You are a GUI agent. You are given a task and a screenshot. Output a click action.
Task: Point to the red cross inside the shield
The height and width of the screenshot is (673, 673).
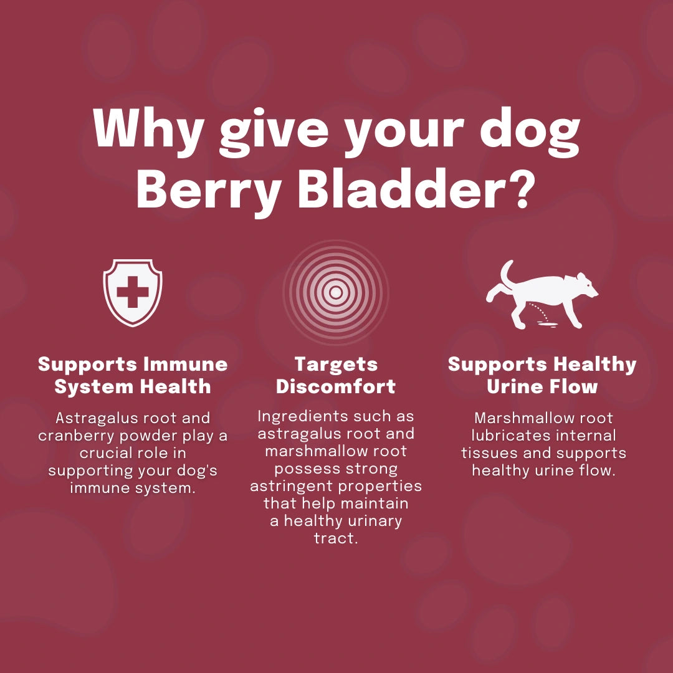[133, 292]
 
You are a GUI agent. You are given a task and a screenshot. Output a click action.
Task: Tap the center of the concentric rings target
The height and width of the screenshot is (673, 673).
[336, 292]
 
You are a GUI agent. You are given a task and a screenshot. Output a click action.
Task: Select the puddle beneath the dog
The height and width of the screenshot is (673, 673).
[547, 325]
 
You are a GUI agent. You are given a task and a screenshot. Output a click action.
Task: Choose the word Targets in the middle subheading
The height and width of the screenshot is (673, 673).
[336, 365]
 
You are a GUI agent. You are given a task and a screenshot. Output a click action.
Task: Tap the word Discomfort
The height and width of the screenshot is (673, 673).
[336, 387]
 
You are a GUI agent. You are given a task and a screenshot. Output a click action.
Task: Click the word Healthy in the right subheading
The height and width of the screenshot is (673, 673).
[594, 365]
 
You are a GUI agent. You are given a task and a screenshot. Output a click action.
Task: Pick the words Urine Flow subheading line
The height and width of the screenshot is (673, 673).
[542, 387]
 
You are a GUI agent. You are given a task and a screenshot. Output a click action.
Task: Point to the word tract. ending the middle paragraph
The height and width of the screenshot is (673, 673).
[336, 538]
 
